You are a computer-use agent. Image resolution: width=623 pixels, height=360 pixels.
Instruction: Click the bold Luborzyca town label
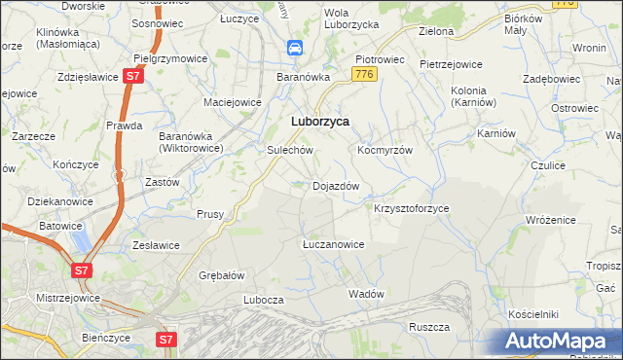coord(321,122)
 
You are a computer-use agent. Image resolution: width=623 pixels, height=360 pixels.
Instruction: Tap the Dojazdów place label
coord(336,185)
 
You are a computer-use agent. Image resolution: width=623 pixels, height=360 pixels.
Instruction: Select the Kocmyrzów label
coord(385,151)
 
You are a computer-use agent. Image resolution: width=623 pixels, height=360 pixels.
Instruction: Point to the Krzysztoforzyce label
coord(412,209)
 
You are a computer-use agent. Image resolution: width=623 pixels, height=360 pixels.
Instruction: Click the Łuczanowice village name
coord(333,244)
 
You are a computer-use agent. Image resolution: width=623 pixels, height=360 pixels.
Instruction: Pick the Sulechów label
coord(289,151)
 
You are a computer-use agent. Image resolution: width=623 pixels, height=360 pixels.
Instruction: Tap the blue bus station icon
coord(294,48)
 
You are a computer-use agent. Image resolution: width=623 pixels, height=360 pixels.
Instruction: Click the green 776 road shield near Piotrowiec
coord(365,74)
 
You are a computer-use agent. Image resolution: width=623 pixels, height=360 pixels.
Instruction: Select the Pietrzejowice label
coord(451,64)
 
